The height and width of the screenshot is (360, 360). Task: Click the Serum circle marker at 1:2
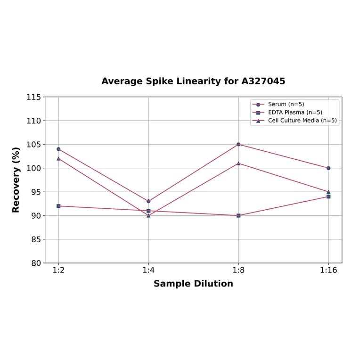click(58, 149)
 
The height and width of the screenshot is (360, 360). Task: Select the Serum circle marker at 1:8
click(238, 144)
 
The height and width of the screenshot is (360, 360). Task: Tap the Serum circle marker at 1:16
click(328, 168)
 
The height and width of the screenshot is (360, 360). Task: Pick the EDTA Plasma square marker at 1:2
click(58, 206)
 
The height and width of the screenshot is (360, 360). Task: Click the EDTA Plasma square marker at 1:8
click(238, 215)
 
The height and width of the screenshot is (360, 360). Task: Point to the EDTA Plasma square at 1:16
click(328, 196)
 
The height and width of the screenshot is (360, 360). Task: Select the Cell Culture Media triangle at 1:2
click(58, 158)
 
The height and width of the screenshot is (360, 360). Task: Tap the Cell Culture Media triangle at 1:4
click(148, 215)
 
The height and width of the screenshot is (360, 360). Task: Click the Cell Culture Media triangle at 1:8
click(238, 163)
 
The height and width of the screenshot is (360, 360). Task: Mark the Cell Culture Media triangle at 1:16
click(328, 192)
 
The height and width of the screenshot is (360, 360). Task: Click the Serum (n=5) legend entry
click(286, 104)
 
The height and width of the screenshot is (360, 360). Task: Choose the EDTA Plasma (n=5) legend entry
click(295, 112)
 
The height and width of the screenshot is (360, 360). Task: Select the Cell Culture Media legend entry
click(302, 120)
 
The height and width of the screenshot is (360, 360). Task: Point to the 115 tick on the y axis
click(33, 97)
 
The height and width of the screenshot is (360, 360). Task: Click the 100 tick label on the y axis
click(33, 168)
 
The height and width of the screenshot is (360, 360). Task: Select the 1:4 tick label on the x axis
click(148, 270)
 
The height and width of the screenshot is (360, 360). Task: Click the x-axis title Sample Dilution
click(193, 284)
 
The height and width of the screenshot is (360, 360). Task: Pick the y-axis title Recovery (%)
click(16, 180)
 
